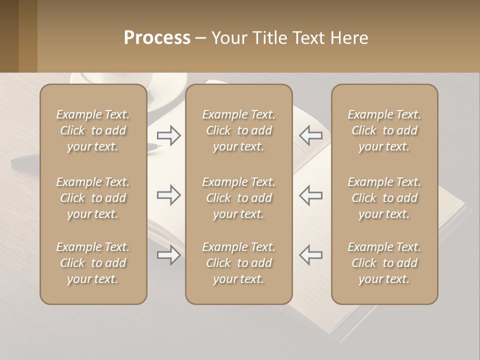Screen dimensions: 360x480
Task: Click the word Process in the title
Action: [x=157, y=38]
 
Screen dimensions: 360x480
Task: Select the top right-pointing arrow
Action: [x=168, y=135]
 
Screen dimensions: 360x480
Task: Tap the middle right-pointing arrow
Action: [x=168, y=195]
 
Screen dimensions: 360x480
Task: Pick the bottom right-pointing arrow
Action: [x=168, y=255]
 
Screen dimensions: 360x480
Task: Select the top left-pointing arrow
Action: [x=310, y=135]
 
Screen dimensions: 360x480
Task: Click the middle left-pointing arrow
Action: [x=310, y=195]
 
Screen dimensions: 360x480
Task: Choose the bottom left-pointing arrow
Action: [x=310, y=255]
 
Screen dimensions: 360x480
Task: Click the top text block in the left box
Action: [x=93, y=130]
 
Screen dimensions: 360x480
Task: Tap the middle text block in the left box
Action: [x=93, y=198]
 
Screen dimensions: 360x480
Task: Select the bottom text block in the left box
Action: [x=93, y=263]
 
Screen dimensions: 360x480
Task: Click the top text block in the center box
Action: [x=238, y=130]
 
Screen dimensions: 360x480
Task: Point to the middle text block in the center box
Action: [x=238, y=198]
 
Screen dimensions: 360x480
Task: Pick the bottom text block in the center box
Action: [x=238, y=263]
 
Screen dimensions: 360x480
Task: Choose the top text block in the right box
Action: [x=384, y=130]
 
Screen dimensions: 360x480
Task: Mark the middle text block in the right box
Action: [x=384, y=198]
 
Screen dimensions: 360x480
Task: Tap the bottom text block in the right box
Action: [x=384, y=263]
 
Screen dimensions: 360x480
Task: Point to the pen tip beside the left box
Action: [x=156, y=146]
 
